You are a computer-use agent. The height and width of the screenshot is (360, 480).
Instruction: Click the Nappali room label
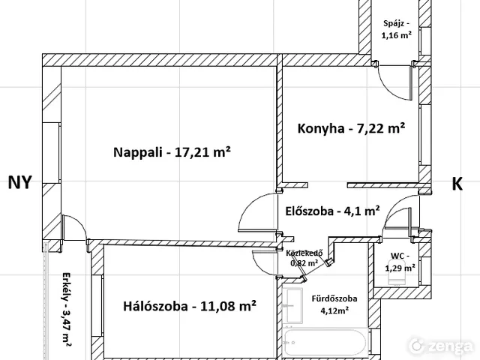pos(172,152)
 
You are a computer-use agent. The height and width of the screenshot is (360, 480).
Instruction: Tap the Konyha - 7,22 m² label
pos(352,128)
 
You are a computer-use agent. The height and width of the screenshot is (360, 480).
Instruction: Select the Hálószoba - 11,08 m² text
pos(190,306)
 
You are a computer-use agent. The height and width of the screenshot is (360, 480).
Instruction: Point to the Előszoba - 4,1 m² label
pos(333,211)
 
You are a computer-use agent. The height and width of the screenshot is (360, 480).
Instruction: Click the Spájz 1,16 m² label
pos(397,29)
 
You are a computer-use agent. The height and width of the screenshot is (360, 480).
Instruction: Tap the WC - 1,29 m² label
pos(400,262)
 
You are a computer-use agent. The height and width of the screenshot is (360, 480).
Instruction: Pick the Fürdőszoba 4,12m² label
pos(334,304)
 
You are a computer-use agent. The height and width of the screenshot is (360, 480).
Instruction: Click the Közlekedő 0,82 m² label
pos(304,258)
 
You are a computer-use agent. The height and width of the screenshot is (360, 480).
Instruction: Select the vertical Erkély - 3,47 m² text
pos(66,309)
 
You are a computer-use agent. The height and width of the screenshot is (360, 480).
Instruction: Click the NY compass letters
pos(20,182)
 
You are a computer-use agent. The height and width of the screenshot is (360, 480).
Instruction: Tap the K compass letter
pos(457,184)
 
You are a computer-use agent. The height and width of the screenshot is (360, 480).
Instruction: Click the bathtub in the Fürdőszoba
pos(325,342)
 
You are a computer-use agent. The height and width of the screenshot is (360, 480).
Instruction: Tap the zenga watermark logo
pos(442,346)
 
